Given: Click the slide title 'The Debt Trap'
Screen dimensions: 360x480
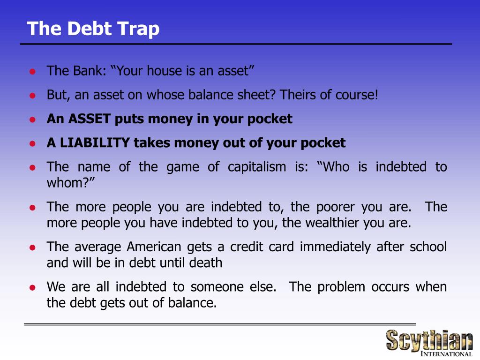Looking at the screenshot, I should click(x=93, y=29).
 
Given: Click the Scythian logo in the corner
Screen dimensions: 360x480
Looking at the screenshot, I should click(x=429, y=339).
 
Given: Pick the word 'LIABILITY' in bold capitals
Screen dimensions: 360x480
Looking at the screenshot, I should click(x=94, y=143).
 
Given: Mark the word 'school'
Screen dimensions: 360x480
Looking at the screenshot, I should click(x=428, y=247).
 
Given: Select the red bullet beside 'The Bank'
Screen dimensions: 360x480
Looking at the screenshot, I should click(x=32, y=72).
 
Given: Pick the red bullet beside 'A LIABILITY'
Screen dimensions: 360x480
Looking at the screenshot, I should click(x=32, y=143).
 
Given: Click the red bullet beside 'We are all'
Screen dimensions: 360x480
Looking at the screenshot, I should click(x=32, y=287).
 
